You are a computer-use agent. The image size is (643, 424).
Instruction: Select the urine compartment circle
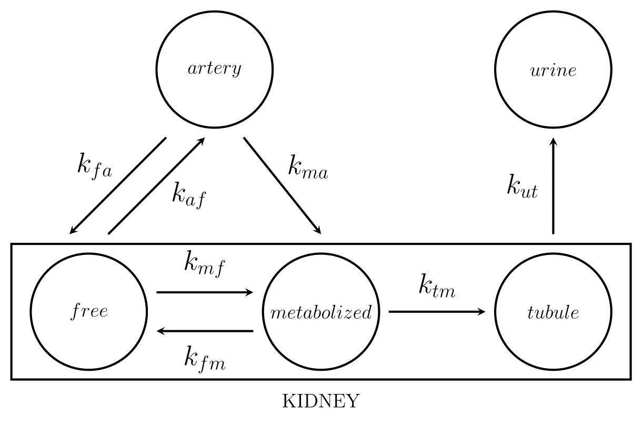tap(553, 70)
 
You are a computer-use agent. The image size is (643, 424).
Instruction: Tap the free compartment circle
tap(88, 312)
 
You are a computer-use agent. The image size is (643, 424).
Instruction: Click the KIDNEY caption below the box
tap(321, 401)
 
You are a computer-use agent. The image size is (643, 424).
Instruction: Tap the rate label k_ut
tap(522, 188)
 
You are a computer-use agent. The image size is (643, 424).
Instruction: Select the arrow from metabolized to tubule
tap(437, 312)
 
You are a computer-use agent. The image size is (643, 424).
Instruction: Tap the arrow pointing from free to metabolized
tap(205, 292)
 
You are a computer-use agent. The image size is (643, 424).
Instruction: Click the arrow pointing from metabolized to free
tap(205, 331)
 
